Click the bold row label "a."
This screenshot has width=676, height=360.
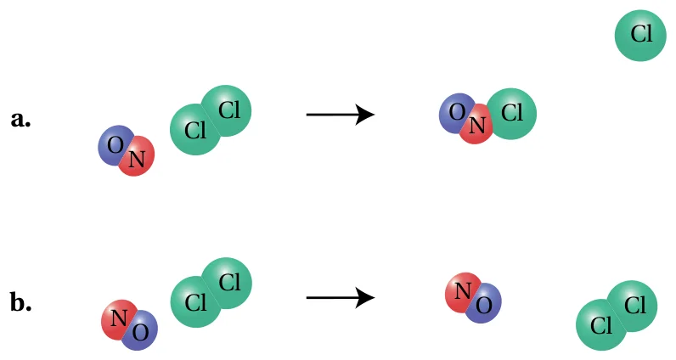tap(20, 120)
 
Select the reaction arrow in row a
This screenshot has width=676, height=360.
tap(341, 115)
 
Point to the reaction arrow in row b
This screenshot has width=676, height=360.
tap(341, 298)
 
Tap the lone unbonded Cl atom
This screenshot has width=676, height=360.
tap(640, 36)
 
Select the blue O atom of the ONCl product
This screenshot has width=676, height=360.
tap(456, 113)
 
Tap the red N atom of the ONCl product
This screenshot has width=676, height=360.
tap(476, 125)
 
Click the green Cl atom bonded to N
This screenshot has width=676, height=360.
tap(512, 114)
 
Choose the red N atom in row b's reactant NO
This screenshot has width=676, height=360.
tap(118, 319)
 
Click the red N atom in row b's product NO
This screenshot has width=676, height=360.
tap(462, 292)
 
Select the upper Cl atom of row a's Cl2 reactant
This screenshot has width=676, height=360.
tap(228, 110)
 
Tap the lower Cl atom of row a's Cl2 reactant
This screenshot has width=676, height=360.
tap(194, 129)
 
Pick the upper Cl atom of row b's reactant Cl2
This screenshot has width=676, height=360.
tap(228, 284)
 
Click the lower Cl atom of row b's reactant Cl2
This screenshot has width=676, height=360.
tap(194, 302)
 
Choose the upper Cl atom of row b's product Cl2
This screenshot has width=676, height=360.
tap(633, 307)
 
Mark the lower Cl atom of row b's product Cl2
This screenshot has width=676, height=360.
tap(600, 325)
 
